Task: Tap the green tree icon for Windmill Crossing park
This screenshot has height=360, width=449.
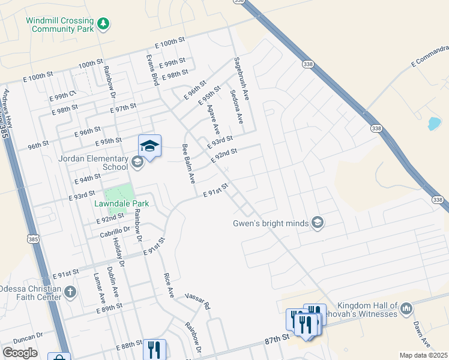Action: pyautogui.click(x=105, y=23)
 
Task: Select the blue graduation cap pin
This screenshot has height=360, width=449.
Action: pyautogui.click(x=149, y=146)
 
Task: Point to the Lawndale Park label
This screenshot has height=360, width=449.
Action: pyautogui.click(x=121, y=204)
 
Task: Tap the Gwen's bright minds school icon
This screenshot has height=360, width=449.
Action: pyautogui.click(x=318, y=224)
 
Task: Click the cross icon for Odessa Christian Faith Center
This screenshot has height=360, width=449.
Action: pyautogui.click(x=70, y=293)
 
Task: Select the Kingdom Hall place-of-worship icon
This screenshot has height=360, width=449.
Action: pyautogui.click(x=406, y=309)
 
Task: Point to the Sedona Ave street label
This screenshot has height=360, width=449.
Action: pyautogui.click(x=236, y=107)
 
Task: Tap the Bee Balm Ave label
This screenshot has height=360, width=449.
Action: pyautogui.click(x=188, y=163)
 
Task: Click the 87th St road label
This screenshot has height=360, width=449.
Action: pyautogui.click(x=277, y=340)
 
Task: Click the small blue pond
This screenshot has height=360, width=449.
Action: pyautogui.click(x=433, y=124)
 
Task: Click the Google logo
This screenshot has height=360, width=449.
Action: pyautogui.click(x=20, y=353)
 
